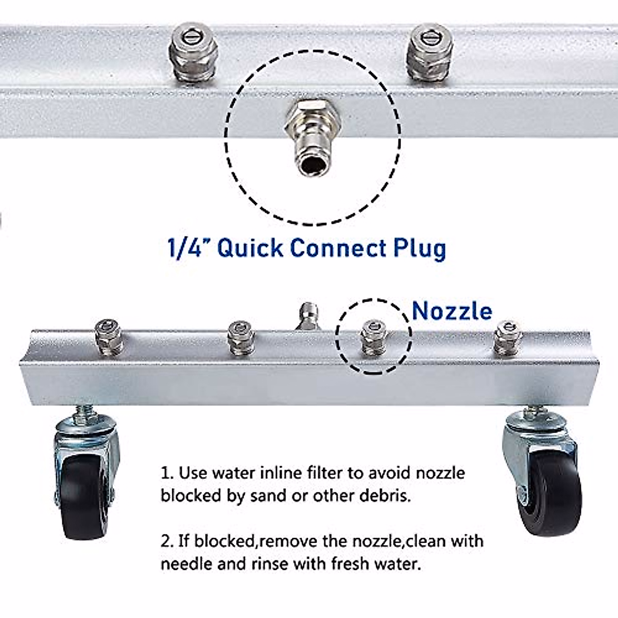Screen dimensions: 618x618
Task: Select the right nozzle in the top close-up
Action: click(430, 53)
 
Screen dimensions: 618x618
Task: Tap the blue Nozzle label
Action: click(452, 311)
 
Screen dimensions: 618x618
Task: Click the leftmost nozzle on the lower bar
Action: click(109, 337)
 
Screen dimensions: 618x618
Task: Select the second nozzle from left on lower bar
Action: click(241, 338)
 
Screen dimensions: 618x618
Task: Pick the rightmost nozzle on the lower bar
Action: click(508, 337)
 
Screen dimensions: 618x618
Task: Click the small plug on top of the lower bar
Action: click(307, 315)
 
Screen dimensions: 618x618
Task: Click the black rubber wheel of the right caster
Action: click(548, 492)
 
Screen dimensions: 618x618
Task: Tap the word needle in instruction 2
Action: click(186, 564)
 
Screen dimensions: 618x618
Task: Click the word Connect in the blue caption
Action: click(338, 248)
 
